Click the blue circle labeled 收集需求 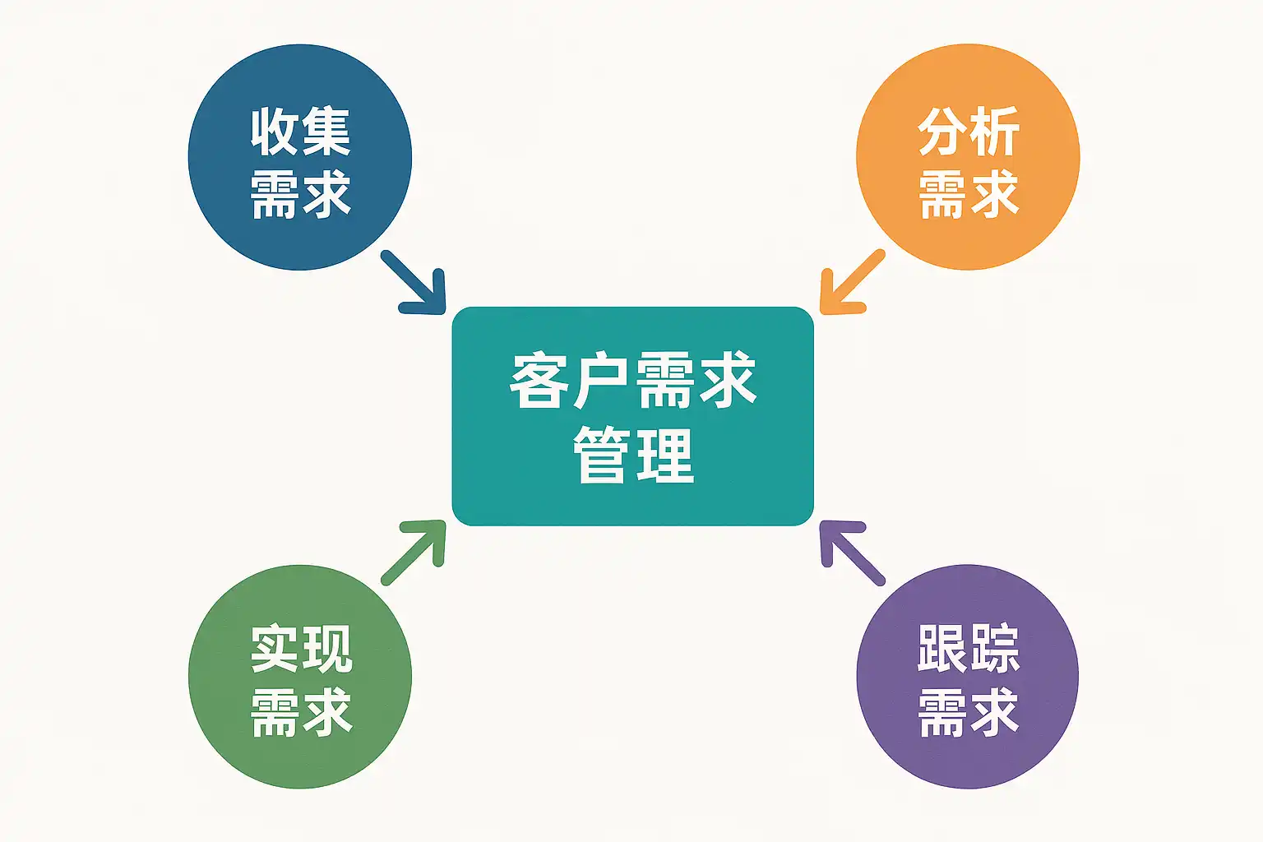[299, 156]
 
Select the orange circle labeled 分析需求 [968, 156]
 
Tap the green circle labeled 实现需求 [299, 676]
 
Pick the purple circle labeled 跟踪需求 [968, 676]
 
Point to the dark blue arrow [415, 285]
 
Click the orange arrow [849, 285]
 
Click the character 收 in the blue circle [275, 132]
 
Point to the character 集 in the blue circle [326, 132]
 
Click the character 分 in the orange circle [943, 132]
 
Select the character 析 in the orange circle [994, 132]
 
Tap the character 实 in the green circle [275, 649]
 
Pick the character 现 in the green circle [326, 649]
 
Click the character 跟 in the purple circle [943, 649]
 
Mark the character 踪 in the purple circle [994, 649]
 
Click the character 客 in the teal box [539, 380]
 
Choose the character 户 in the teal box [602, 380]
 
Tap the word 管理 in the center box [633, 454]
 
